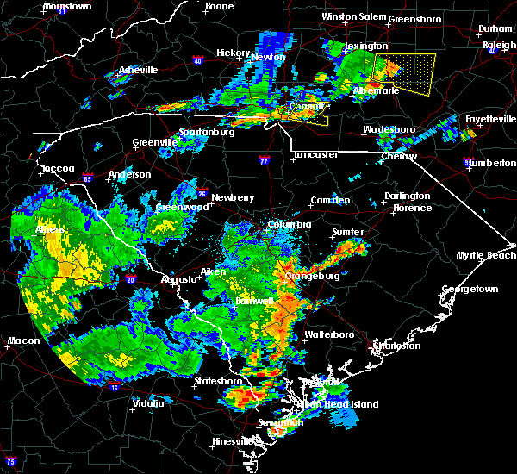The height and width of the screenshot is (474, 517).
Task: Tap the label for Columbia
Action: coord(289,224)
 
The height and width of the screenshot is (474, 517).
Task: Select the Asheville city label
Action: coord(139,70)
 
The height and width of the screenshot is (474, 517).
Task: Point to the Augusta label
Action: coord(179,279)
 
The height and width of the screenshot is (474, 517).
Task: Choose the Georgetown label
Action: coord(470,290)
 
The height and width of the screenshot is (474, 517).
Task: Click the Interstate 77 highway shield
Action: coord(265,160)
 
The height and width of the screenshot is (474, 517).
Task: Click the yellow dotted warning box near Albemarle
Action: coord(406,73)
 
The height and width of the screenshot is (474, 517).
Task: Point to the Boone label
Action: coord(219,7)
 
